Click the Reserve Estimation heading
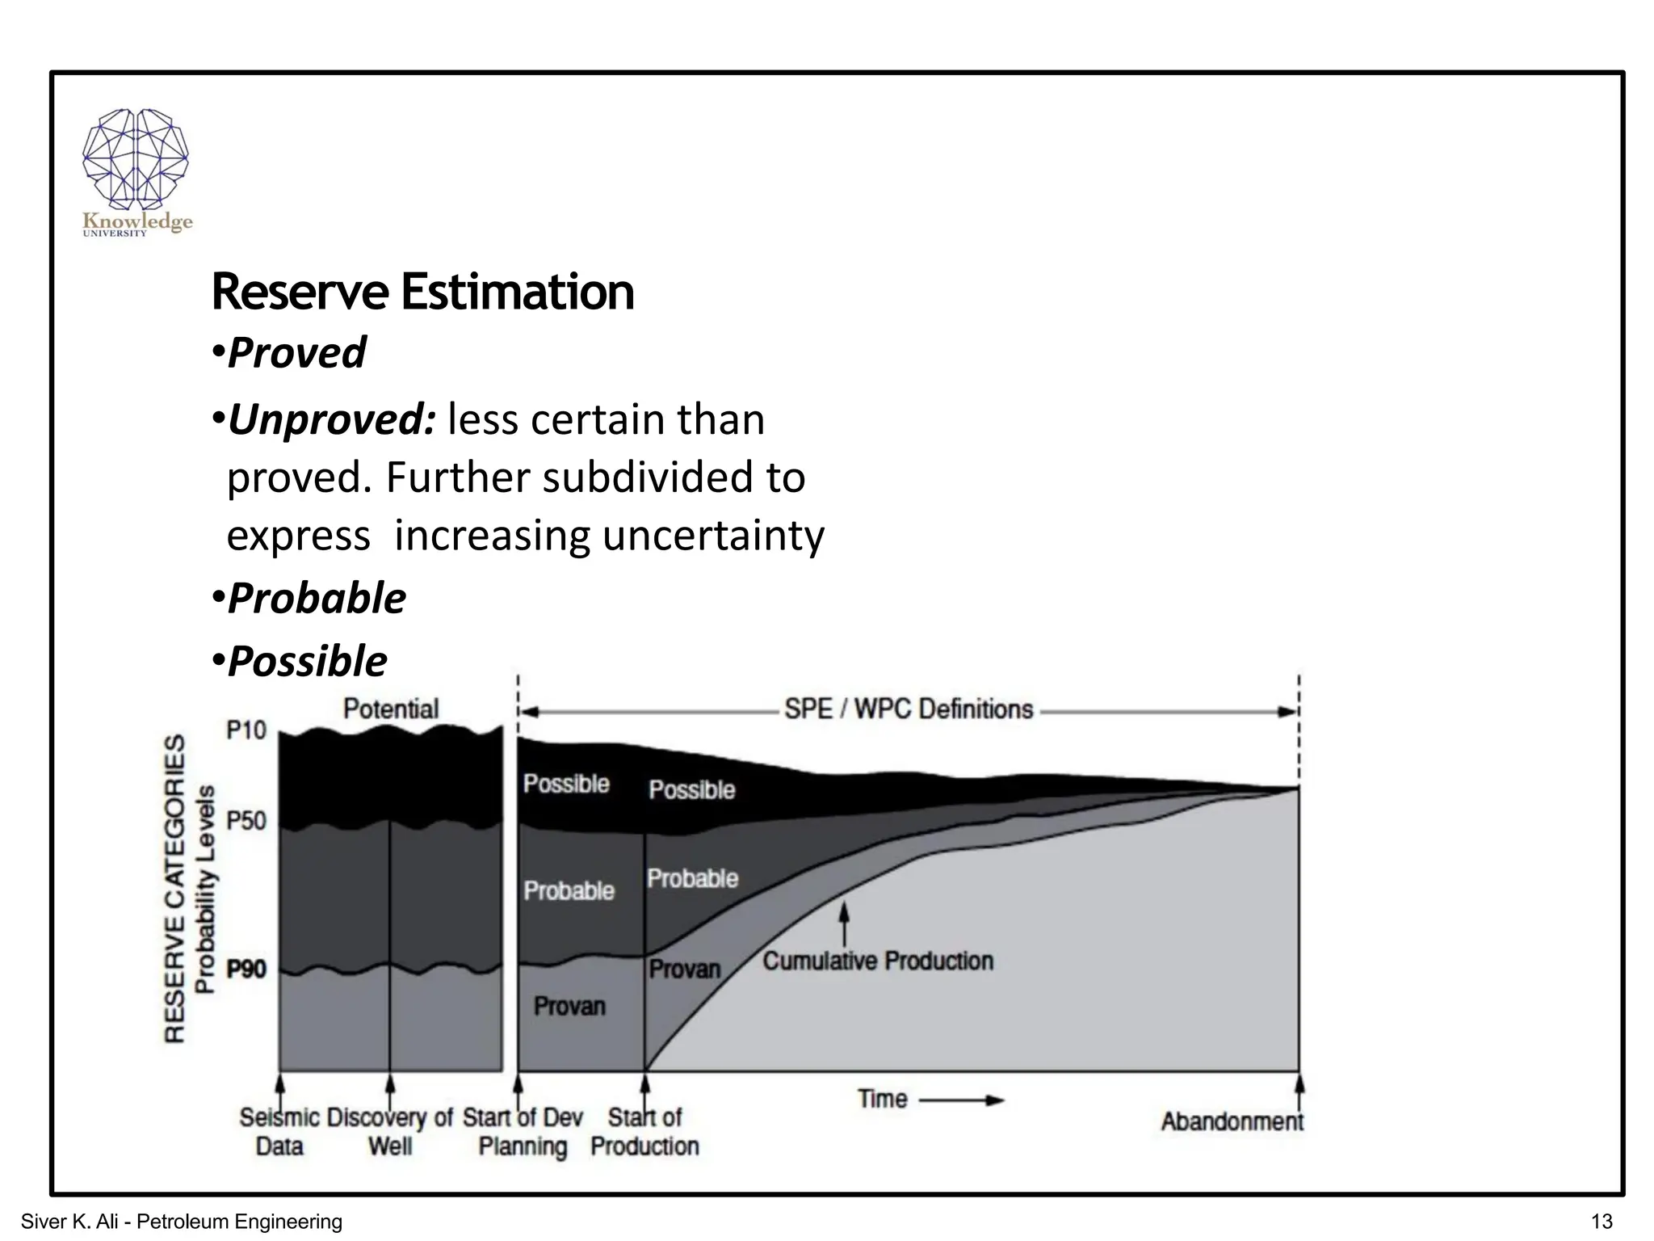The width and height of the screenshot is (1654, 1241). (422, 292)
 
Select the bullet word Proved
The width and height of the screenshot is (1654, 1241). (296, 353)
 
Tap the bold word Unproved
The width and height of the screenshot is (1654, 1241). (332, 420)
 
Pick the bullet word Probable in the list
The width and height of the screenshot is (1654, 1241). (317, 599)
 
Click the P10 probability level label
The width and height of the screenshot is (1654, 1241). (246, 730)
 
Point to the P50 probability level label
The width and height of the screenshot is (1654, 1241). (246, 821)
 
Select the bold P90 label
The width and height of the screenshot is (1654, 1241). (246, 969)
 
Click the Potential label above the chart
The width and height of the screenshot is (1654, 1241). (391, 709)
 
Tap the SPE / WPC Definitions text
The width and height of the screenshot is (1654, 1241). (909, 709)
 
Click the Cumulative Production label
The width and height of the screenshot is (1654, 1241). (878, 961)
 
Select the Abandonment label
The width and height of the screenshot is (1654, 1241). (1232, 1121)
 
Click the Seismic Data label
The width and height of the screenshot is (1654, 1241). (279, 1132)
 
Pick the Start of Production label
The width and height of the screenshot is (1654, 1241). (644, 1132)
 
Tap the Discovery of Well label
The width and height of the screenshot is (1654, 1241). (390, 1132)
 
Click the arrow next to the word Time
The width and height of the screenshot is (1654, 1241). (961, 1100)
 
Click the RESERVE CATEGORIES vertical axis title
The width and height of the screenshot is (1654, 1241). (175, 888)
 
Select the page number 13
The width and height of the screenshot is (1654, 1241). (1601, 1222)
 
